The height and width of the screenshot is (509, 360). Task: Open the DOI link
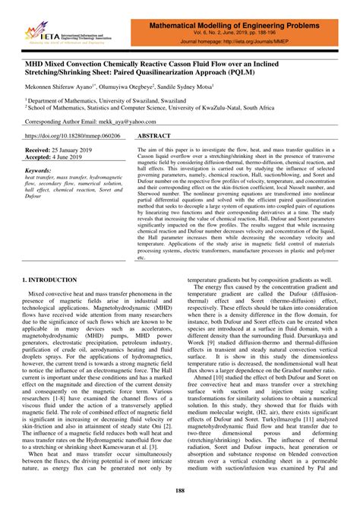coord(70,136)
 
